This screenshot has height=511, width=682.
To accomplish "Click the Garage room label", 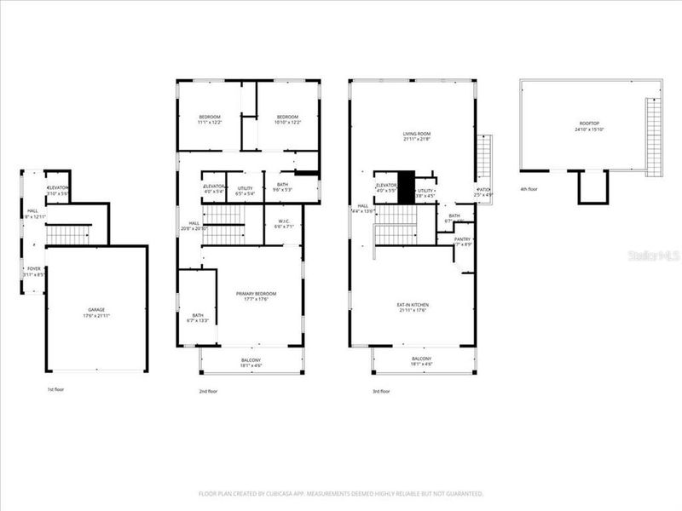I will tap(95, 313).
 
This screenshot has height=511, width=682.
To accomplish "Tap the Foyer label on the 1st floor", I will tap(34, 272).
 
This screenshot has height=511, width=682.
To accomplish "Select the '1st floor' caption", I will tap(55, 390).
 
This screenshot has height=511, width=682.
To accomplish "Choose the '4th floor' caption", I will tap(529, 188).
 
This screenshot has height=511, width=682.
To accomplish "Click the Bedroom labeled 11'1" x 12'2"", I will tap(210, 119).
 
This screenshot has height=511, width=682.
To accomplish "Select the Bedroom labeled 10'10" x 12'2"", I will tap(286, 119).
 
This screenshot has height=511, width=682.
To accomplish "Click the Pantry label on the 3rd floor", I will tap(463, 242).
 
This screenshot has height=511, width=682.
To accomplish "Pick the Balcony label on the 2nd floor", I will tap(251, 362).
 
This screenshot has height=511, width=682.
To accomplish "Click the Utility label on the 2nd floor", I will tap(245, 190).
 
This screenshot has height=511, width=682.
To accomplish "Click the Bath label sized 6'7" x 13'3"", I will tap(198, 318).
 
